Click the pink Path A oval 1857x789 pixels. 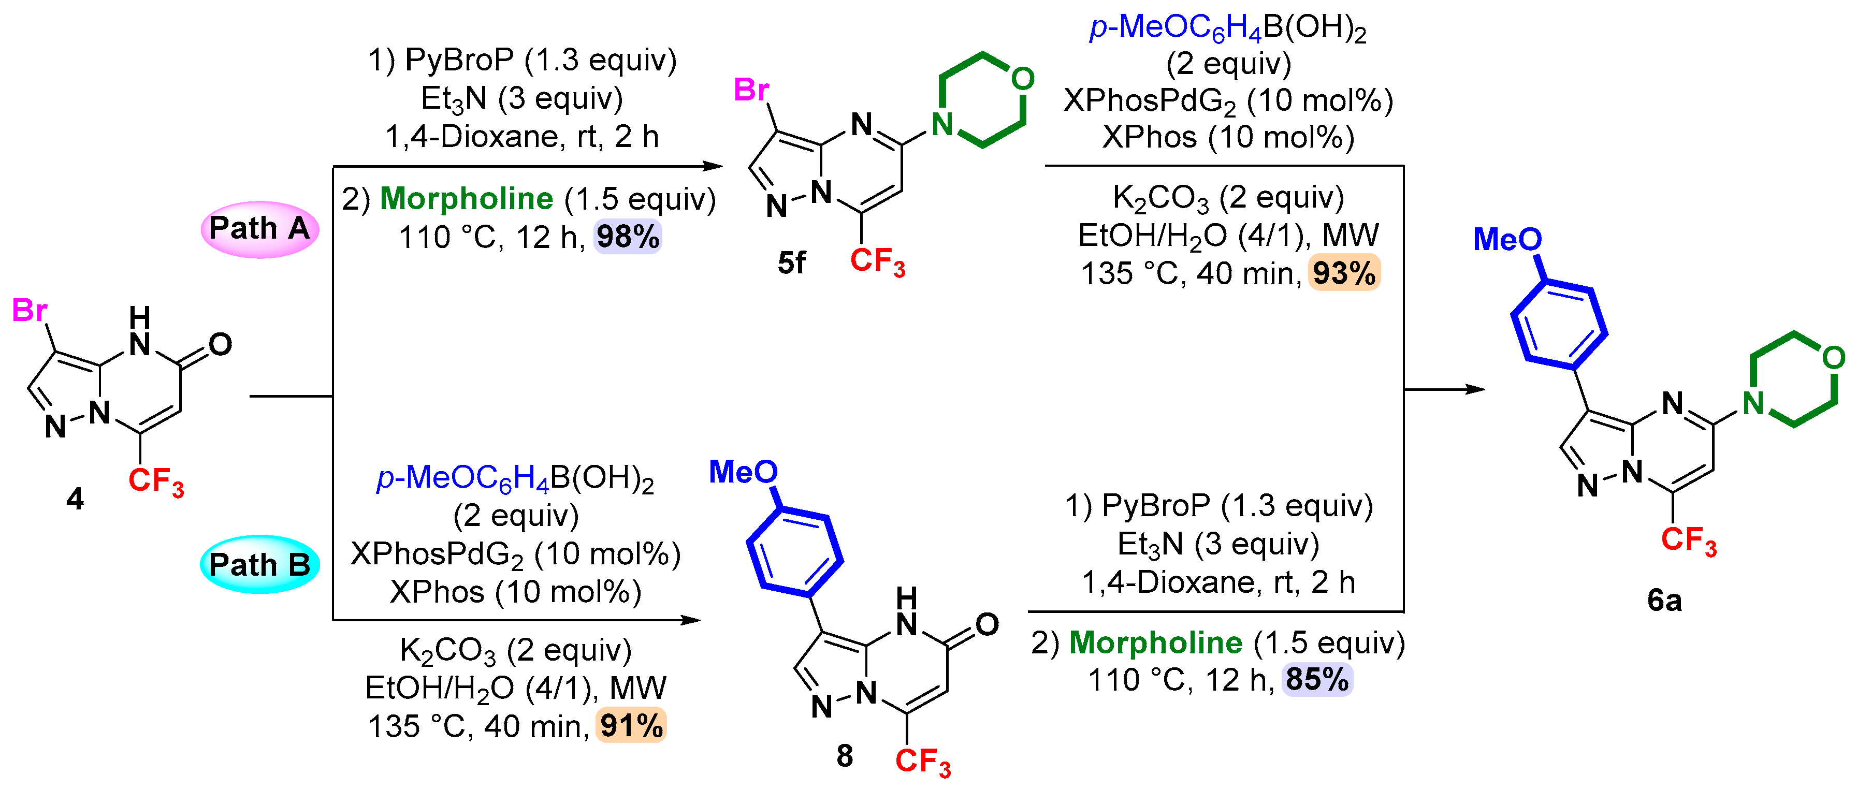tap(259, 229)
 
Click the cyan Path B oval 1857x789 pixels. tap(259, 564)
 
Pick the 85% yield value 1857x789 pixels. tap(1317, 679)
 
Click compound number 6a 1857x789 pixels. tap(1664, 600)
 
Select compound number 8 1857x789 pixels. tap(844, 756)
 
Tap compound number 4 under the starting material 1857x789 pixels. tap(75, 499)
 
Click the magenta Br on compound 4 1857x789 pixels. tap(30, 311)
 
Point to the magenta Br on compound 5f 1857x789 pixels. tap(751, 90)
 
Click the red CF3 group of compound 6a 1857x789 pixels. tap(1688, 540)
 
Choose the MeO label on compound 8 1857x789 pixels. tap(743, 472)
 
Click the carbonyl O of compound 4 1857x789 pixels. tap(221, 344)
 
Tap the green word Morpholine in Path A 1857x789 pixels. tap(467, 199)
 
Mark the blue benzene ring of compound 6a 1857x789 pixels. tap(1559, 324)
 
